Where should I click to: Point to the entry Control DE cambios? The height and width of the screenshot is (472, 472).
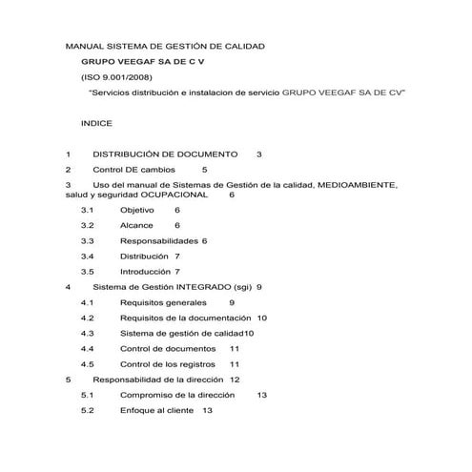pos(142,169)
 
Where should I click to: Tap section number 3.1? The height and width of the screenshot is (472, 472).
pos(87,209)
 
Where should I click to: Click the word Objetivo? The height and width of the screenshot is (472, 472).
pos(137,209)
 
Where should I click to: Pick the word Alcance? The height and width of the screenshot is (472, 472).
pos(136,225)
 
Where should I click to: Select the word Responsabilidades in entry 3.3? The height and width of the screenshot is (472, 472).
pos(158,240)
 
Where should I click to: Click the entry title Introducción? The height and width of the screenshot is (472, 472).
pos(145,271)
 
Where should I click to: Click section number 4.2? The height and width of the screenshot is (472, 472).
pos(87,318)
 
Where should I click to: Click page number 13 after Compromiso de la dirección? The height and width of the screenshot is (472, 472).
pos(262,395)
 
